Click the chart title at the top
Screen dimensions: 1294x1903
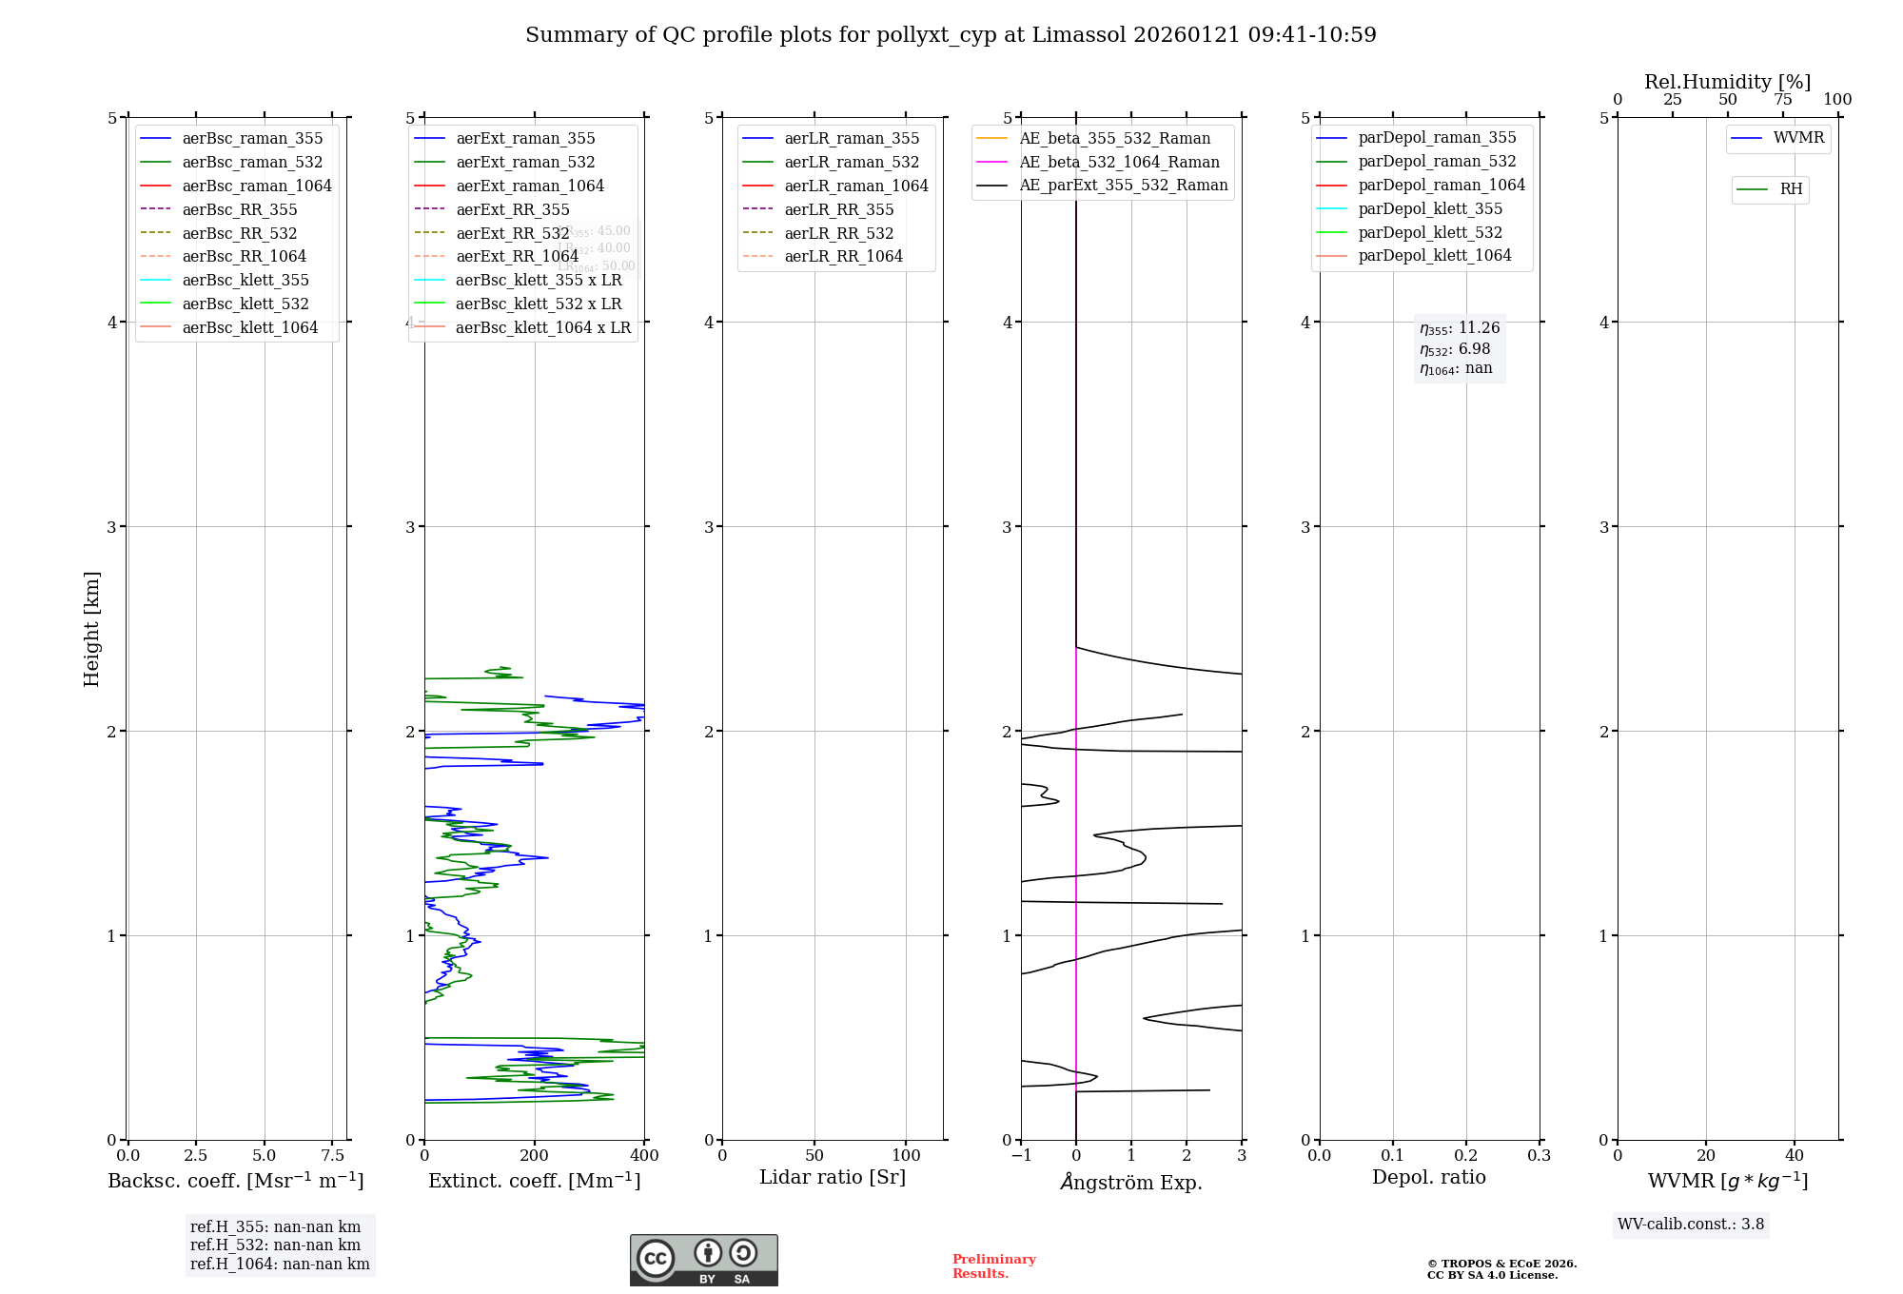pyautogui.click(x=951, y=35)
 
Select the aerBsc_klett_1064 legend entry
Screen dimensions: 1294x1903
pyautogui.click(x=249, y=327)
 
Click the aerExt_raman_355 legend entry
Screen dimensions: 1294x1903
pyautogui.click(x=525, y=139)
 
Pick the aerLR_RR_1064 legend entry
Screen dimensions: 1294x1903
pyautogui.click(x=843, y=256)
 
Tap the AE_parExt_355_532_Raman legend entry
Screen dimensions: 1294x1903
pyautogui.click(x=1123, y=186)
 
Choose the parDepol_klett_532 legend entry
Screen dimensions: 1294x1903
pyautogui.click(x=1429, y=232)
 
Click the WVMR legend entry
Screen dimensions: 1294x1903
pyautogui.click(x=1798, y=138)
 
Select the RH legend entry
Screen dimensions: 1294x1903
pyautogui.click(x=1791, y=189)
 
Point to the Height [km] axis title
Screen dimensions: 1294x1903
pyautogui.click(x=91, y=628)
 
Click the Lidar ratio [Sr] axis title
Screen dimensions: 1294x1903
pyautogui.click(x=833, y=1177)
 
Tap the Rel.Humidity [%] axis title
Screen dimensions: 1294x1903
pyautogui.click(x=1727, y=82)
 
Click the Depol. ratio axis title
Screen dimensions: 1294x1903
pyautogui.click(x=1428, y=1177)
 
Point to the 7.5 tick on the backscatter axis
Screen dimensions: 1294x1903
pyautogui.click(x=332, y=1155)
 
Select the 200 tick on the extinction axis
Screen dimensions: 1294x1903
pyautogui.click(x=535, y=1155)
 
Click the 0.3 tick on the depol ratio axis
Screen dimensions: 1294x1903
pyautogui.click(x=1539, y=1155)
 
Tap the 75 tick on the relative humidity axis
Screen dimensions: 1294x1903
pyautogui.click(x=1782, y=100)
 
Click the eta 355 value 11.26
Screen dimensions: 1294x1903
pyautogui.click(x=1479, y=328)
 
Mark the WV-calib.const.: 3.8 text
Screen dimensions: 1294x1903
pyautogui.click(x=1690, y=1225)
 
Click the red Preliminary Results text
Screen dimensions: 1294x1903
pyautogui.click(x=993, y=1266)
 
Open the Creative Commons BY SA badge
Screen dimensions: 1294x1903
pyautogui.click(x=703, y=1261)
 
